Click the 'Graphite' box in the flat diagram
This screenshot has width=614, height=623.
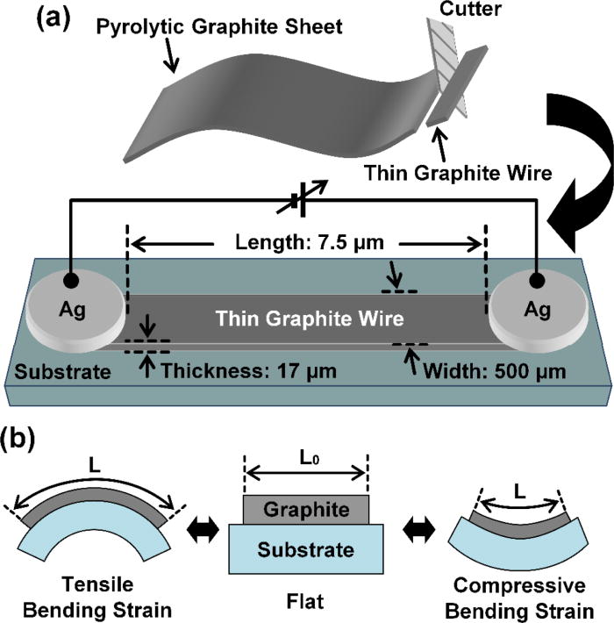[306, 510]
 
